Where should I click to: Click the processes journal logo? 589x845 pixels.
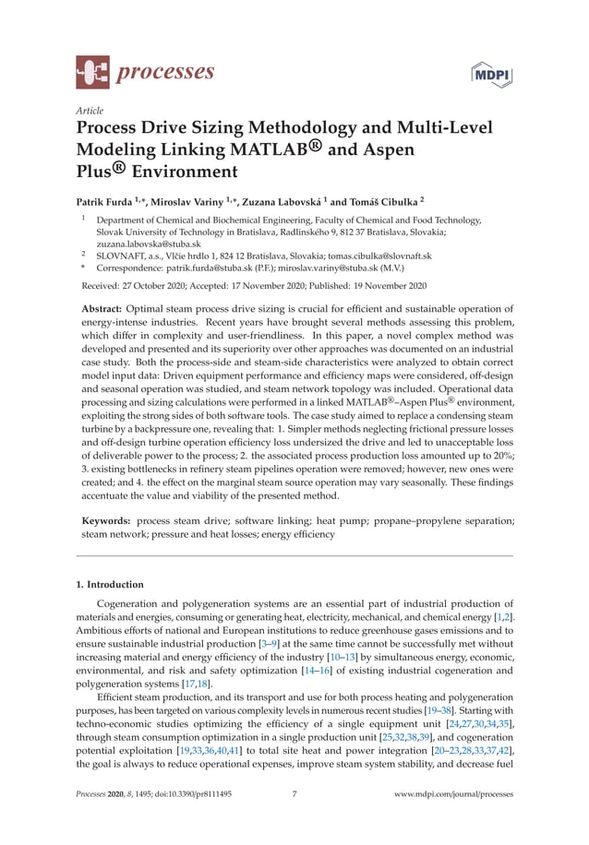145,70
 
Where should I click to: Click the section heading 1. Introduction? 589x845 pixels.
109,584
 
